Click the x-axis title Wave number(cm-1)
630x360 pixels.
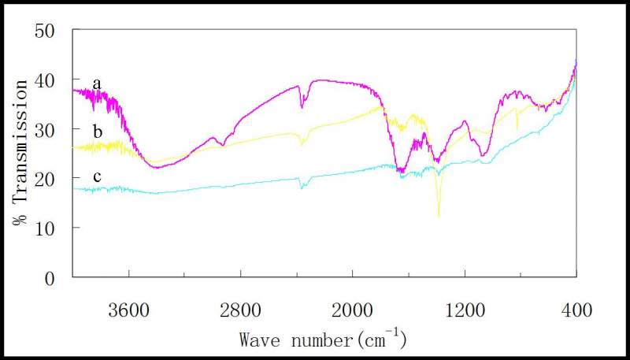[323, 340]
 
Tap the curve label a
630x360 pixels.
[97, 83]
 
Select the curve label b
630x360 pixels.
[97, 131]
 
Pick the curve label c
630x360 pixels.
[97, 176]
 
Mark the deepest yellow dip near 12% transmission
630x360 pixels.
[439, 214]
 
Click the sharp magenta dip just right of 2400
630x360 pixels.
[302, 107]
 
